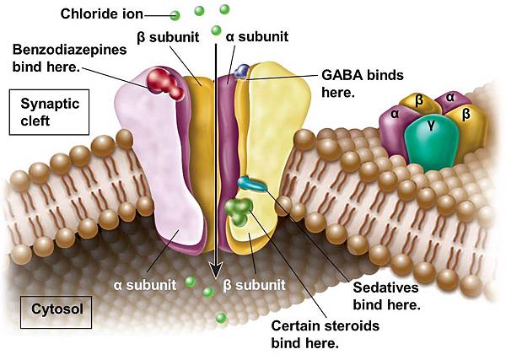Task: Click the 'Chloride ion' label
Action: pyautogui.click(x=100, y=13)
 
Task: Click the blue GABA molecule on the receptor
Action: pyautogui.click(x=242, y=71)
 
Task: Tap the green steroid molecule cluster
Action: pyautogui.click(x=239, y=211)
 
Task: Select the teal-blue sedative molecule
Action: pyautogui.click(x=250, y=183)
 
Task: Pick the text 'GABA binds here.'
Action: pyautogui.click(x=354, y=82)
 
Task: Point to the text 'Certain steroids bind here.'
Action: pyautogui.click(x=326, y=334)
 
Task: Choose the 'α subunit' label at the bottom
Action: pyautogui.click(x=143, y=284)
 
